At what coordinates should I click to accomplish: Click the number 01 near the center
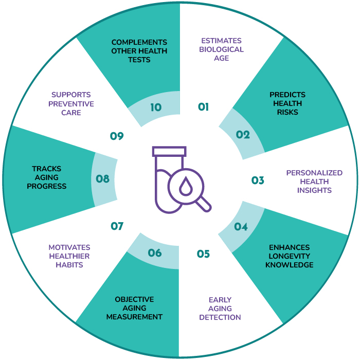(x=204, y=107)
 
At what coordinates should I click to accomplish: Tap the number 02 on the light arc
(x=243, y=135)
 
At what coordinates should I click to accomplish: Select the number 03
(x=258, y=181)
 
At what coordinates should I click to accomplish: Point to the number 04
(x=241, y=227)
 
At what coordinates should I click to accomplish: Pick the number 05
(x=204, y=254)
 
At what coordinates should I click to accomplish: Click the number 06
(x=155, y=253)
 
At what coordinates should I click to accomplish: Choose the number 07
(x=117, y=226)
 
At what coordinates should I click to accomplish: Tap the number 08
(x=103, y=179)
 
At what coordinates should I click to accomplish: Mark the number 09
(x=117, y=136)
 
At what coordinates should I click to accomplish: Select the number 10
(x=156, y=107)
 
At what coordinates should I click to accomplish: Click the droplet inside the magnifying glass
(x=186, y=186)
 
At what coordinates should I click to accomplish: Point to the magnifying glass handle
(x=204, y=204)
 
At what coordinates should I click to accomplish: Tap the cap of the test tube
(x=169, y=152)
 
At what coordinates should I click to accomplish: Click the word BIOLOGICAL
(x=221, y=49)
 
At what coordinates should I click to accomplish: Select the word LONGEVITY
(x=289, y=256)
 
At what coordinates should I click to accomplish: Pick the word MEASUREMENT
(x=134, y=317)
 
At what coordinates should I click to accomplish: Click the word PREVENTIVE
(x=71, y=104)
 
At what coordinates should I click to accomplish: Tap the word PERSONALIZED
(x=314, y=173)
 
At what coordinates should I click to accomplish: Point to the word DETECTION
(x=220, y=317)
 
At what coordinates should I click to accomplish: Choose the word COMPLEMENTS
(x=139, y=42)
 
